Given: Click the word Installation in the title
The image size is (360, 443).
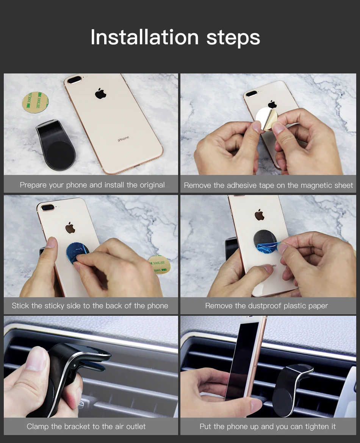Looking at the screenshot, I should tap(144, 37).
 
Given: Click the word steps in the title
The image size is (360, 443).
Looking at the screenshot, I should tap(233, 38).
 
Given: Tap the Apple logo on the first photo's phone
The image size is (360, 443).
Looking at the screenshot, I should tap(100, 93).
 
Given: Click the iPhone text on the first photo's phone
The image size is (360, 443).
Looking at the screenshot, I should tap(123, 139).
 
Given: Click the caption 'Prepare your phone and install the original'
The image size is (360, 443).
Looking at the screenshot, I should tap(92, 185).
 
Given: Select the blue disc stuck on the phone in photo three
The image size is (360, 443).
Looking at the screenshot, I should tap(77, 253).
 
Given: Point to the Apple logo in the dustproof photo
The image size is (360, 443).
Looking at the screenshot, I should tap(260, 215).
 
